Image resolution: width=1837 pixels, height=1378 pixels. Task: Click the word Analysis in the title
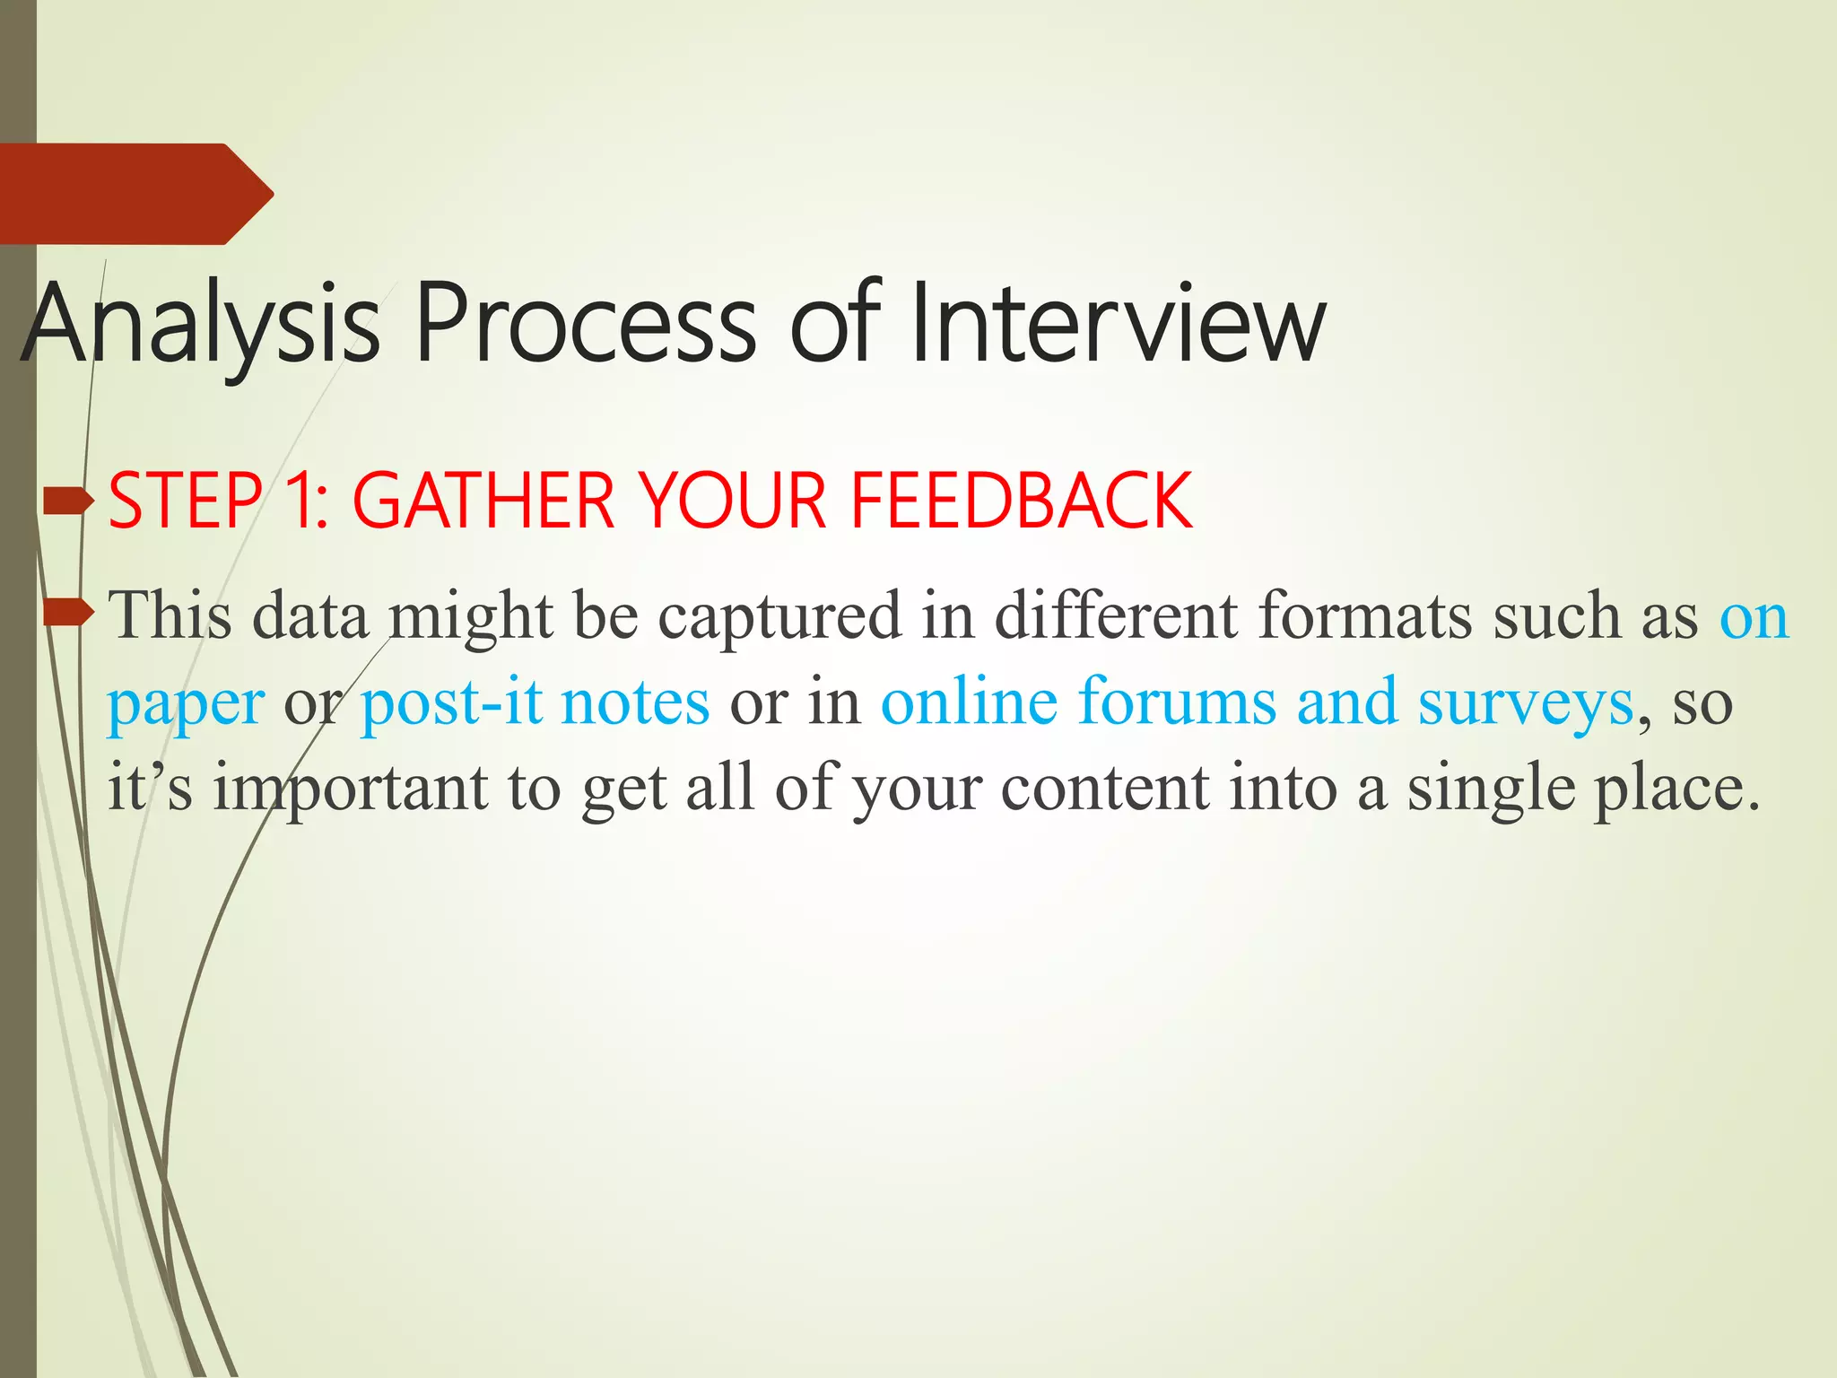click(x=202, y=325)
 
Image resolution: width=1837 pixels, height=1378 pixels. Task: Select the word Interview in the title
click(x=1117, y=325)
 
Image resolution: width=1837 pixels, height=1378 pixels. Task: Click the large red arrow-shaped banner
click(x=135, y=194)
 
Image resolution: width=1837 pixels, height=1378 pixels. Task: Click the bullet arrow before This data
click(x=68, y=614)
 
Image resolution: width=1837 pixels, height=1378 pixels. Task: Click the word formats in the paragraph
click(x=1364, y=617)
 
